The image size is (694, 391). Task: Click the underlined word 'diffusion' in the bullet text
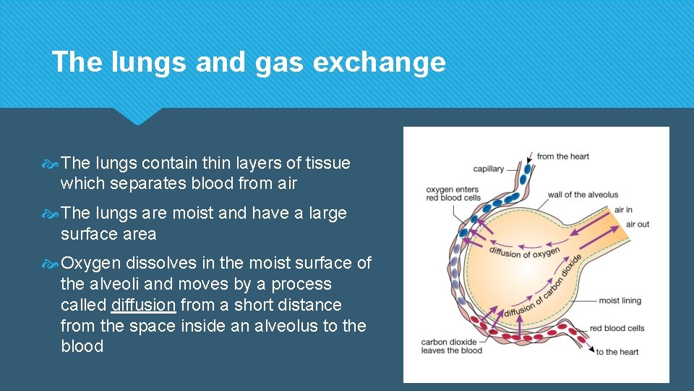[x=144, y=305]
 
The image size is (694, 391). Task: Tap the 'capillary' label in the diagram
[x=489, y=169]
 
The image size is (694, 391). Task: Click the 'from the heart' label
[x=563, y=156]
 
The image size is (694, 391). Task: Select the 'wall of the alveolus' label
[x=583, y=195]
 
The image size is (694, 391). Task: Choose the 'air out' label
[x=637, y=224]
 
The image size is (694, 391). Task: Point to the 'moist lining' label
[x=620, y=300]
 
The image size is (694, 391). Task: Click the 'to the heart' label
[x=617, y=352]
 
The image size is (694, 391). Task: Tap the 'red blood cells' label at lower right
[x=617, y=328]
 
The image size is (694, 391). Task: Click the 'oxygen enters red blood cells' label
[x=453, y=193]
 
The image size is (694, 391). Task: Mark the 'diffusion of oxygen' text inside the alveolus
[x=524, y=251]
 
